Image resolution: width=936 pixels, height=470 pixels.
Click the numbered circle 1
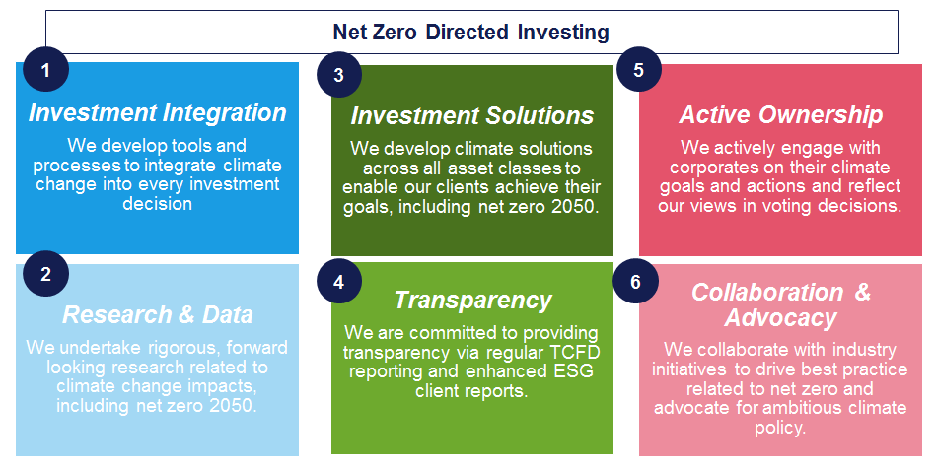tap(46, 69)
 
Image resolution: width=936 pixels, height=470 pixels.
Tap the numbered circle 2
tap(46, 274)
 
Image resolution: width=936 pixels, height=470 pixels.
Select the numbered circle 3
tap(339, 75)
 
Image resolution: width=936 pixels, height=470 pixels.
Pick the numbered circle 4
tap(339, 281)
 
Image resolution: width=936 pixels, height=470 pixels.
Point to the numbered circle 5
tap(639, 69)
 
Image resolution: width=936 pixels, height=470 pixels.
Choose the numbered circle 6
tap(636, 281)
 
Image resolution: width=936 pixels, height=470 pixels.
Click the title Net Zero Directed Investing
tap(471, 33)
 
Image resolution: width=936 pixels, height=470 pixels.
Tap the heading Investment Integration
tap(158, 112)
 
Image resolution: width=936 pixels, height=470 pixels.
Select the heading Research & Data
tap(158, 314)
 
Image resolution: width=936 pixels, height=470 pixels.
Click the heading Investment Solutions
tap(472, 115)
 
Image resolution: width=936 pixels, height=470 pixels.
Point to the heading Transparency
tap(472, 301)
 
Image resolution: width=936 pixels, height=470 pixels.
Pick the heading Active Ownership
tap(781, 115)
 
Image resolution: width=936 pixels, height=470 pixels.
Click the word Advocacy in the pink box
tap(781, 318)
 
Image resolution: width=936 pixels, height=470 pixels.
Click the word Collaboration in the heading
tap(767, 293)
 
